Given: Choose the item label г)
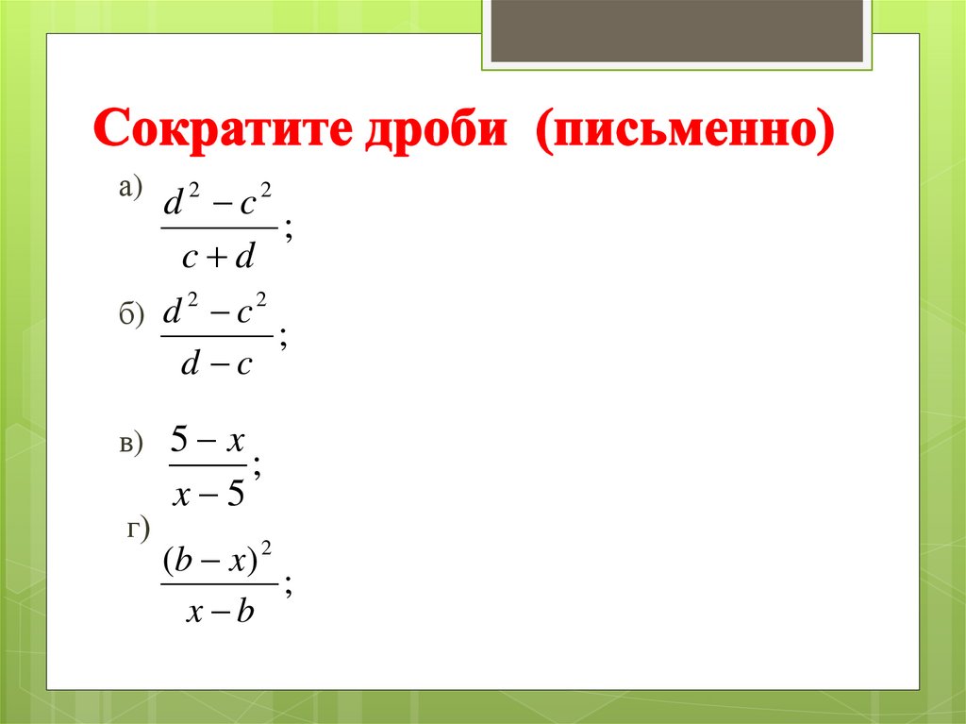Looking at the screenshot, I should click(x=139, y=530).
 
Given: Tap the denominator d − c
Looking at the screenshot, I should click(x=217, y=364).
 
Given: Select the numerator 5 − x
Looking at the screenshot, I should click(x=208, y=440).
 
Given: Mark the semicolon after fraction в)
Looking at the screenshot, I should click(x=258, y=469).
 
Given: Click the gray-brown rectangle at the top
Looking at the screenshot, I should click(x=677, y=30).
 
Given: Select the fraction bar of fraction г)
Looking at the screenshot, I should click(x=219, y=585).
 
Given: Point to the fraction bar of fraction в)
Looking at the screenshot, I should click(x=208, y=464).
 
